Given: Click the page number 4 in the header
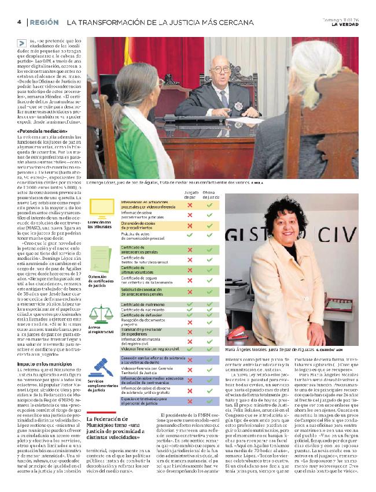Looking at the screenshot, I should point(19,22).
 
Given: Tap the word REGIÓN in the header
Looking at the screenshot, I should point(45,22).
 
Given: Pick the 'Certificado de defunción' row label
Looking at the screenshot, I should point(142,315).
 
